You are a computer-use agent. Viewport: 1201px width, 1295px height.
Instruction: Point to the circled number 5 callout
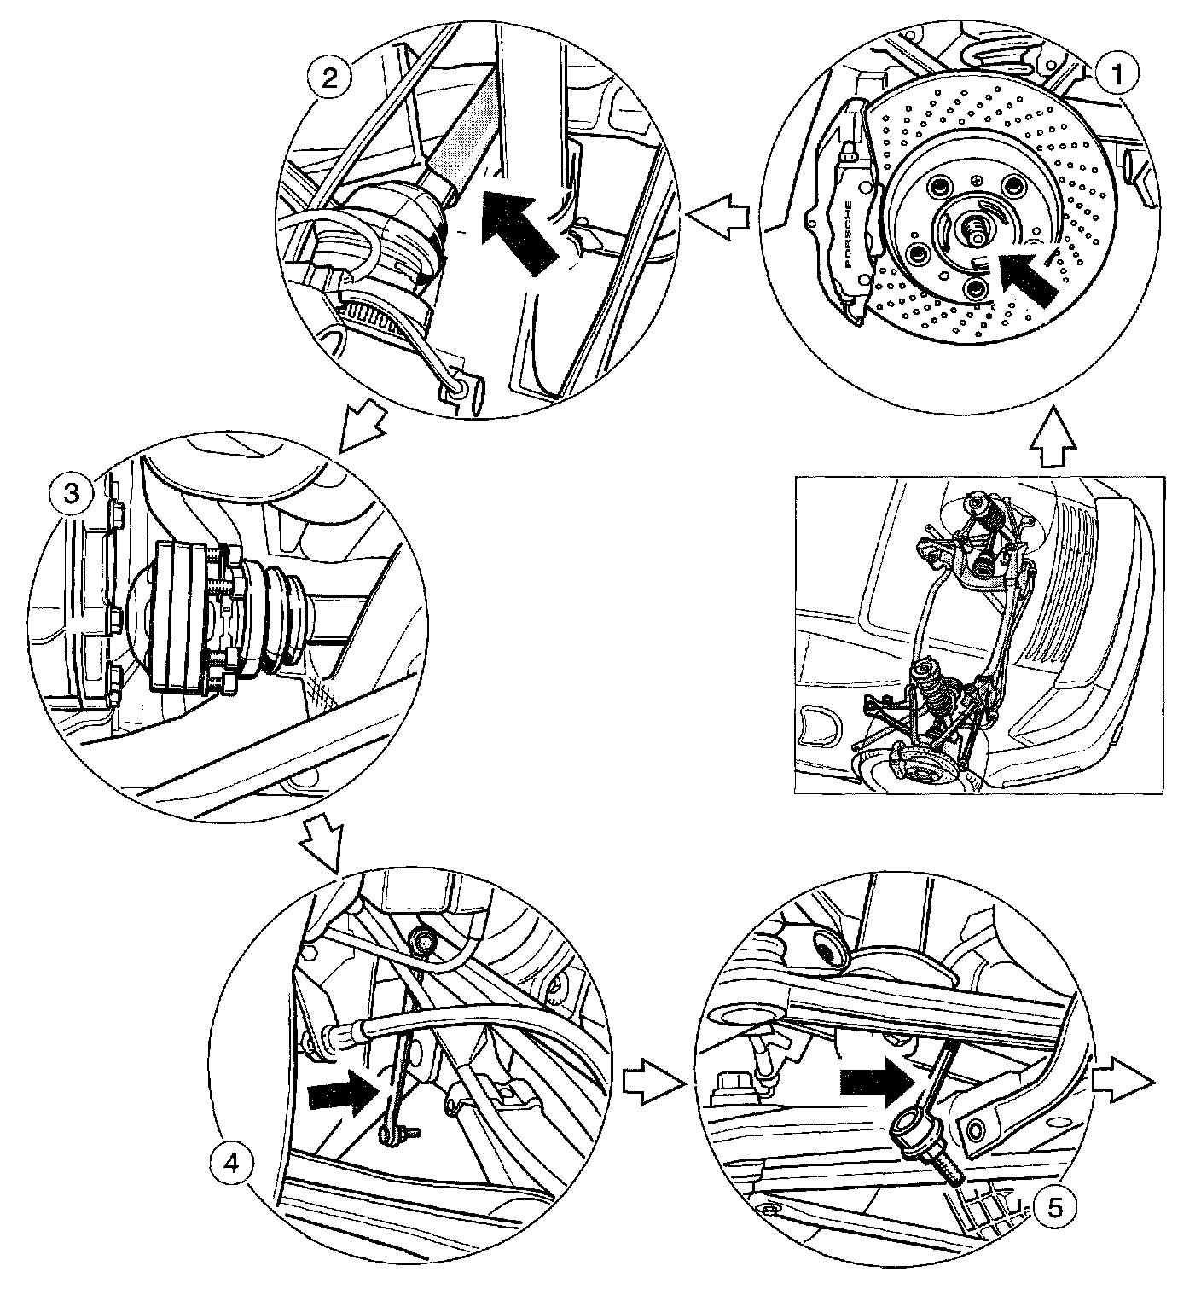[1054, 1206]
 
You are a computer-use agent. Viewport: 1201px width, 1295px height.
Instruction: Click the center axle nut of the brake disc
[974, 228]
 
